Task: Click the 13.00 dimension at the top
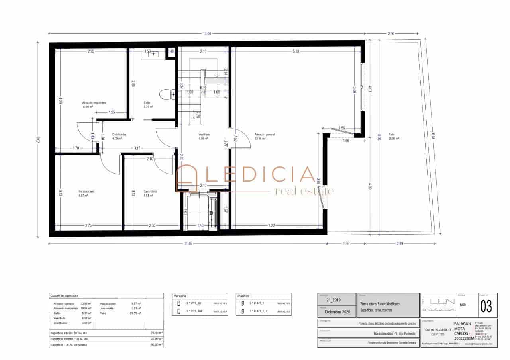(x=207, y=34)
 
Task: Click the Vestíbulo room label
(x=204, y=135)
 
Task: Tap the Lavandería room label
(x=150, y=192)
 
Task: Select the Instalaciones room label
(x=86, y=192)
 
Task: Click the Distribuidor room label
(x=119, y=135)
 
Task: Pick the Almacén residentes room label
(x=94, y=103)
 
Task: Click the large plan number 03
(x=486, y=307)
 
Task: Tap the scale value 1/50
(x=463, y=305)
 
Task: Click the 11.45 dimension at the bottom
(x=188, y=244)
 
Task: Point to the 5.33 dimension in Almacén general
(x=296, y=51)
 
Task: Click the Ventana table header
(x=180, y=296)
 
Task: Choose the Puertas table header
(x=244, y=296)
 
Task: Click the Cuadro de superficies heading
(x=64, y=296)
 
